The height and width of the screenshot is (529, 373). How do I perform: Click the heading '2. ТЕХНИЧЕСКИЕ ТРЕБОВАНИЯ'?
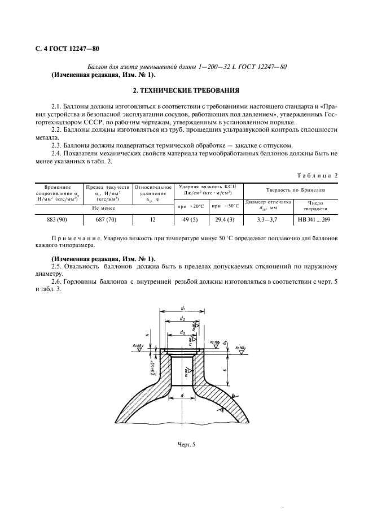point(186,90)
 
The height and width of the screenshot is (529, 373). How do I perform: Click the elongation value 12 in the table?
point(152,220)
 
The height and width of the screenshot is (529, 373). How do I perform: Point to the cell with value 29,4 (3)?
point(225,220)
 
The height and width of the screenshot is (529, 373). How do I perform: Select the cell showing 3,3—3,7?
point(267,220)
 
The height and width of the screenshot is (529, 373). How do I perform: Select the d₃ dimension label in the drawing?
point(183,333)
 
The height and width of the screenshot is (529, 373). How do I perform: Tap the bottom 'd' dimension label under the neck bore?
point(183,396)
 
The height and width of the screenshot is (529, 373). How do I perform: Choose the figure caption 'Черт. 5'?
point(186,444)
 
